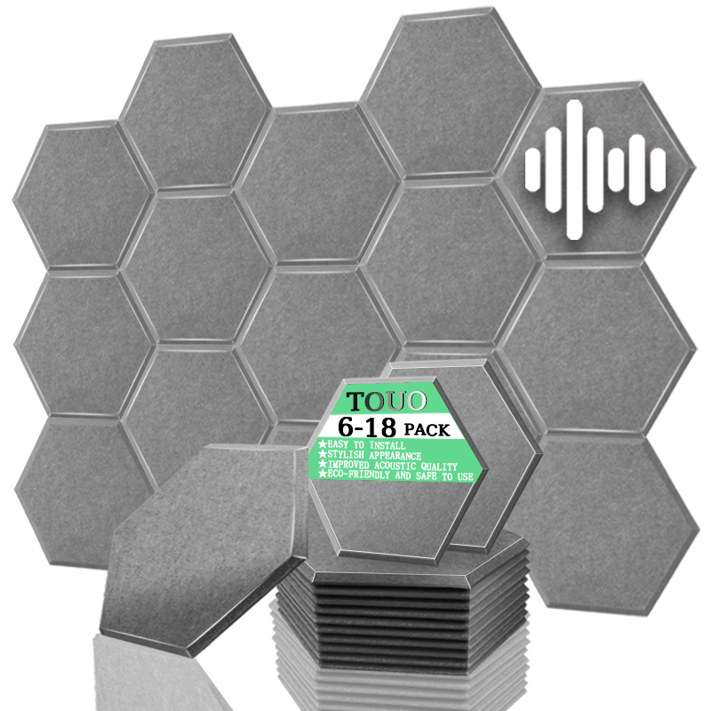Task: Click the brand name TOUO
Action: point(387,402)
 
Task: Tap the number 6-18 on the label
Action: point(367,427)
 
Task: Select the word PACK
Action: point(427,429)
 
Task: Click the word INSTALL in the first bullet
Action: point(387,445)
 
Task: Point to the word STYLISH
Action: point(346,454)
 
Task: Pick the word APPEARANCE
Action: point(395,456)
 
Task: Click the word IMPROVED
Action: point(348,464)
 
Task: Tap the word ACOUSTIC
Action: point(395,466)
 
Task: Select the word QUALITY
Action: point(439,467)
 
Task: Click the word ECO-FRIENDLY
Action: point(359,475)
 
